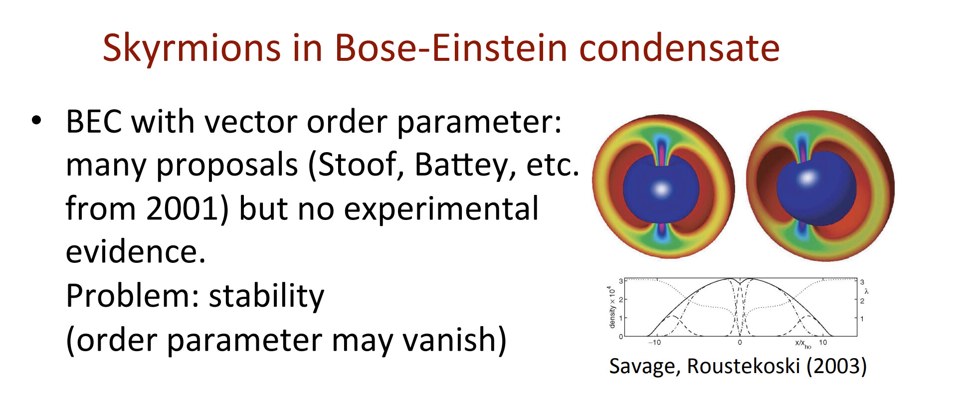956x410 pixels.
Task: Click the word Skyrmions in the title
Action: pos(191,48)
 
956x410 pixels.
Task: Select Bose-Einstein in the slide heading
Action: pos(451,48)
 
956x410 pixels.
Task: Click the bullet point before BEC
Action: pos(36,121)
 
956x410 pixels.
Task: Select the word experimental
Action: pos(441,209)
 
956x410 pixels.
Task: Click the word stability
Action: pos(266,296)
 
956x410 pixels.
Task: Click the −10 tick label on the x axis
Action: pos(654,342)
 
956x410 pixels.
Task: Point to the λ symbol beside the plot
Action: pos(867,291)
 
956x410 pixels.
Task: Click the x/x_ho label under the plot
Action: pos(803,343)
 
